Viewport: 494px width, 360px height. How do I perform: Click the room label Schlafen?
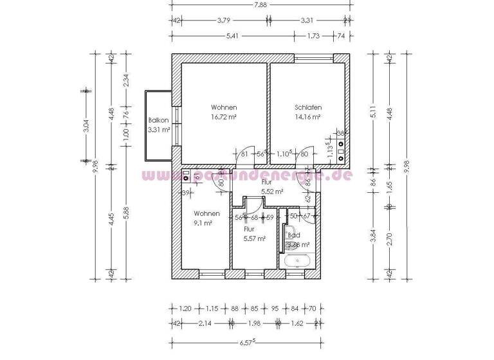click(308, 107)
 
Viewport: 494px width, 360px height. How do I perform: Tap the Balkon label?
click(158, 120)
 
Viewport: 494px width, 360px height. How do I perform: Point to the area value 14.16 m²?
click(308, 118)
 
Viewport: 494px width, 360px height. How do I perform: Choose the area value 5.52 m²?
click(272, 192)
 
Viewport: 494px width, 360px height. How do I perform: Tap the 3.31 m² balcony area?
click(158, 130)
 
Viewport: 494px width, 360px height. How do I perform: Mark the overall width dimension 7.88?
click(261, 5)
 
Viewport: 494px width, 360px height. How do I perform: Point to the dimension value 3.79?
click(224, 20)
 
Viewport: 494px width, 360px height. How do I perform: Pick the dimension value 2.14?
click(206, 325)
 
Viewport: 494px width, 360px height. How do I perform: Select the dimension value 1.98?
click(255, 325)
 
